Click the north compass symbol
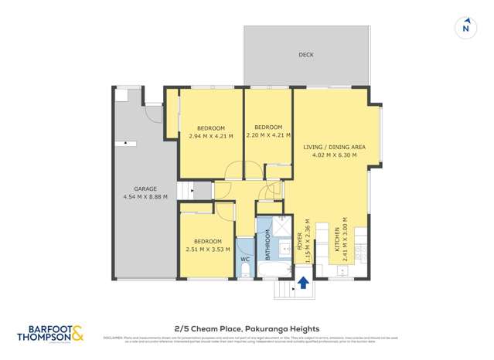pyautogui.click(x=465, y=27)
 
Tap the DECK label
pyautogui.click(x=307, y=55)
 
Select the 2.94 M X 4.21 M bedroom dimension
pyautogui.click(x=210, y=136)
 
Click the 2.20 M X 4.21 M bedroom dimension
pyautogui.click(x=267, y=136)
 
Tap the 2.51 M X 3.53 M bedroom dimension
pyautogui.click(x=209, y=250)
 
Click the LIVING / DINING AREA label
pyautogui.click(x=334, y=146)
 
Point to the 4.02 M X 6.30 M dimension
pyautogui.click(x=334, y=155)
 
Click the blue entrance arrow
pyautogui.click(x=303, y=284)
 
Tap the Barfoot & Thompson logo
pyautogui.click(x=49, y=333)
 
